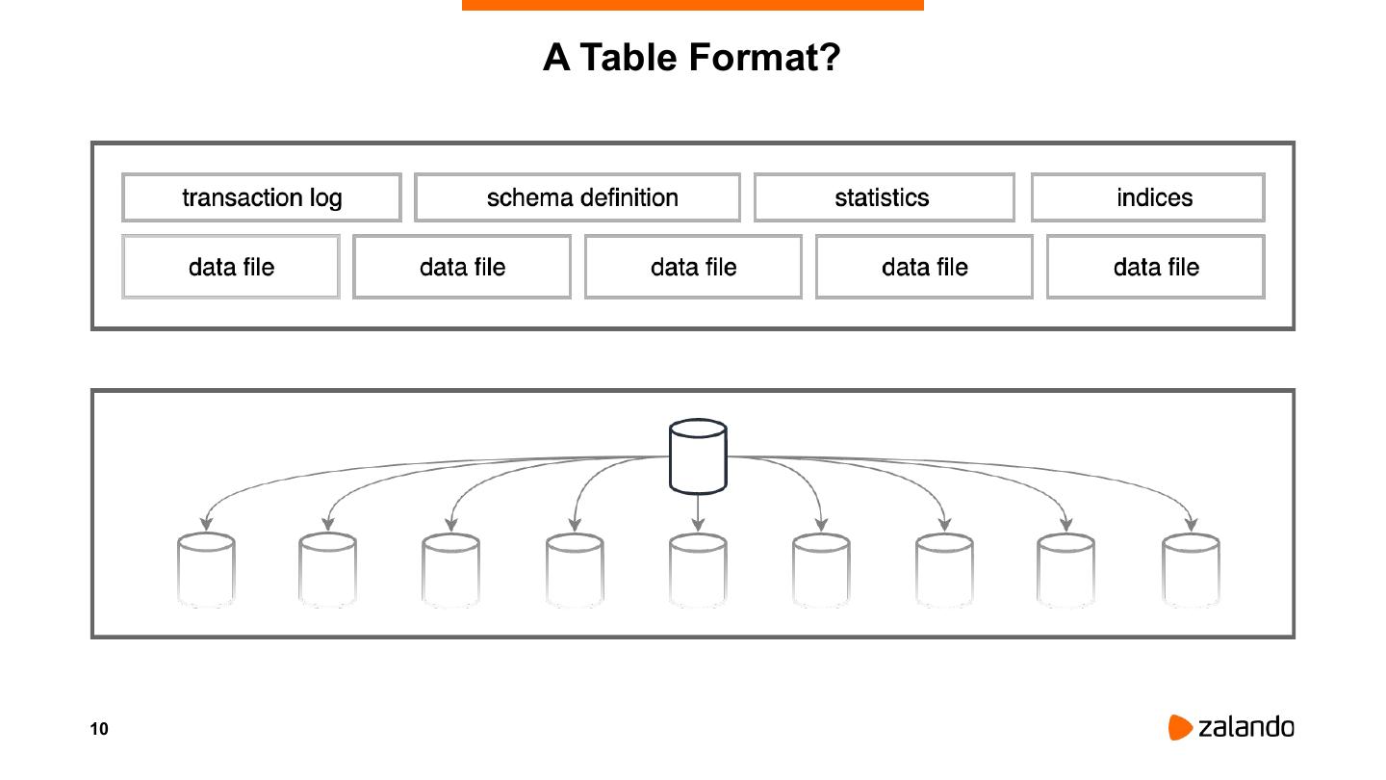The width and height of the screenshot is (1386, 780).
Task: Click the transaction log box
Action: coord(262,197)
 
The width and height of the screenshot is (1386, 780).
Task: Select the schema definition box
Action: coord(577,197)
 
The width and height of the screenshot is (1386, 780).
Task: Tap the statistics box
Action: coord(884,197)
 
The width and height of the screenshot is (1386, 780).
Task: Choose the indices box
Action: coord(1147,197)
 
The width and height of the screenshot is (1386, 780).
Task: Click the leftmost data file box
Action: coord(231,267)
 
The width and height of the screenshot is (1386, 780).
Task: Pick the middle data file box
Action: coord(693,267)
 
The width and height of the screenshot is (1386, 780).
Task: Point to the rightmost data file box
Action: coord(1155,267)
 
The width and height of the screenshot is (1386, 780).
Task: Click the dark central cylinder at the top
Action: coord(698,455)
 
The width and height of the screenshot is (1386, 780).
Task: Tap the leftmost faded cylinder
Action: coord(206,570)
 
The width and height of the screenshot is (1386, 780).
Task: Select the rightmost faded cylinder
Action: coord(1191,570)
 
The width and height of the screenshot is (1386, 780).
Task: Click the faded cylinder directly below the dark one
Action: coord(698,570)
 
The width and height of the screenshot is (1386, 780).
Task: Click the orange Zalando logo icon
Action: coord(1180,727)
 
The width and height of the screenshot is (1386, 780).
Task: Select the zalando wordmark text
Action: coord(1246,727)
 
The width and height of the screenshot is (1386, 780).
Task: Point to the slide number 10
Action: coord(99,729)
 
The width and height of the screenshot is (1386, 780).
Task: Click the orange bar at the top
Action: coord(693,5)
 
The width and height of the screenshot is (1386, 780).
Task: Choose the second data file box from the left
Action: coord(462,267)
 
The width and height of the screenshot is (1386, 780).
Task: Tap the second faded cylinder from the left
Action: coord(327,570)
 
